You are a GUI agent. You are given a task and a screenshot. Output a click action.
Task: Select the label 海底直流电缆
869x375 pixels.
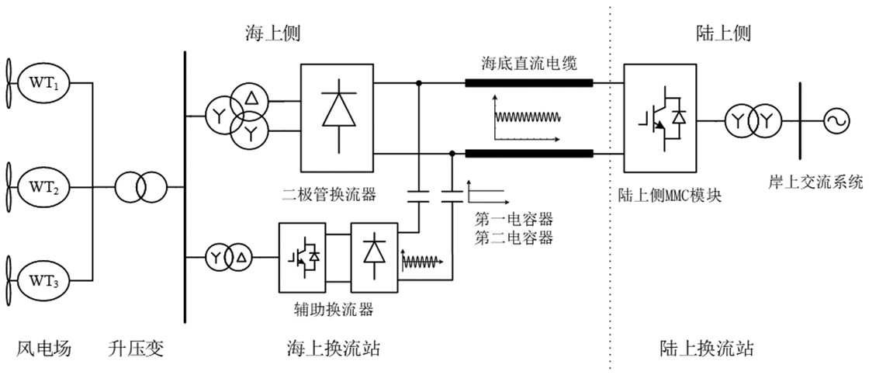tap(528, 61)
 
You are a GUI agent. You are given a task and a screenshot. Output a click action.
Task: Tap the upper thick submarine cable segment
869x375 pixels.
tap(528, 83)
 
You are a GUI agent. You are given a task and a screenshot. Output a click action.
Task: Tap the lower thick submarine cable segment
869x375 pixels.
tap(528, 152)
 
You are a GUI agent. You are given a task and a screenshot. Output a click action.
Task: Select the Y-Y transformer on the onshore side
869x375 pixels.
tap(750, 120)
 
